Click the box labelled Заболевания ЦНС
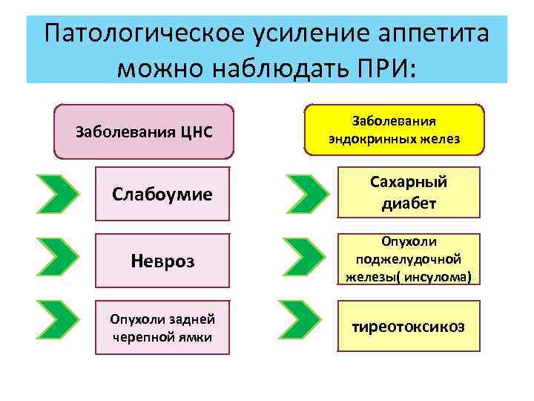point(145,132)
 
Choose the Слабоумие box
point(162,195)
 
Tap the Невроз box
point(162,261)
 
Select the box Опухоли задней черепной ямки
point(162,327)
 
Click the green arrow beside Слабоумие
point(58,195)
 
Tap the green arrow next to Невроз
point(58,259)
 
